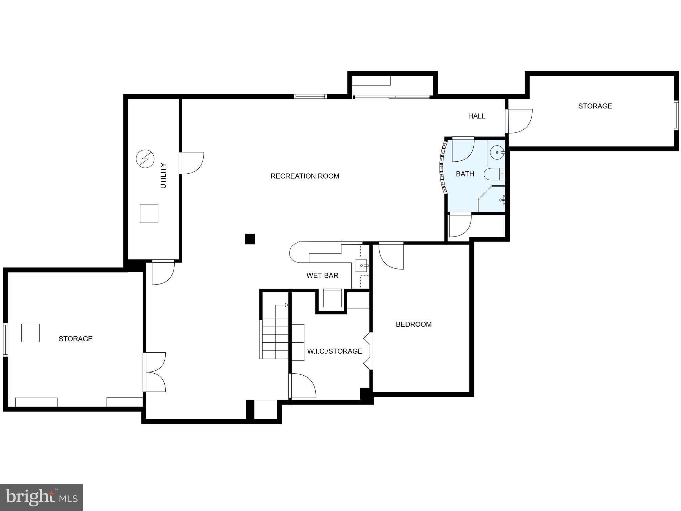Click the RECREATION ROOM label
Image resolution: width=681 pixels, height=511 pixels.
[x=305, y=176]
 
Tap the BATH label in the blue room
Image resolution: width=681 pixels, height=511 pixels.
[x=465, y=174]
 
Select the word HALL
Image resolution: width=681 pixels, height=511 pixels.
[x=476, y=116]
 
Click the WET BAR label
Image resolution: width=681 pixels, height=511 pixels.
[x=322, y=275]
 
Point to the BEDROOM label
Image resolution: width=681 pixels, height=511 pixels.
[x=414, y=324]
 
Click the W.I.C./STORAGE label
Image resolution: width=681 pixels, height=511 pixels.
[x=334, y=351]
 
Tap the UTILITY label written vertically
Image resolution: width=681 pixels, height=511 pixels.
[x=163, y=175]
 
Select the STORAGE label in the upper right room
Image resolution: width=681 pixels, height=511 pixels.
[x=595, y=106]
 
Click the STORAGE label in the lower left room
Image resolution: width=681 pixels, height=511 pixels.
[x=76, y=339]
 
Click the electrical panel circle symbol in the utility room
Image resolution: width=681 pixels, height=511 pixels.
[x=145, y=159]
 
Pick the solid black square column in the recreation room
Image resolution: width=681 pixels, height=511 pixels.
[x=250, y=239]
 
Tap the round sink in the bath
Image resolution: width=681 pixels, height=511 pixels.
[x=497, y=153]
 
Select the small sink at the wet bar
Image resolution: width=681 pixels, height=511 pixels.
[x=361, y=266]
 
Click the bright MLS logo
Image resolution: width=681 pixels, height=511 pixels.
[x=41, y=497]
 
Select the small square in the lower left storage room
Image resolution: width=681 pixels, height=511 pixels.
[x=30, y=333]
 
